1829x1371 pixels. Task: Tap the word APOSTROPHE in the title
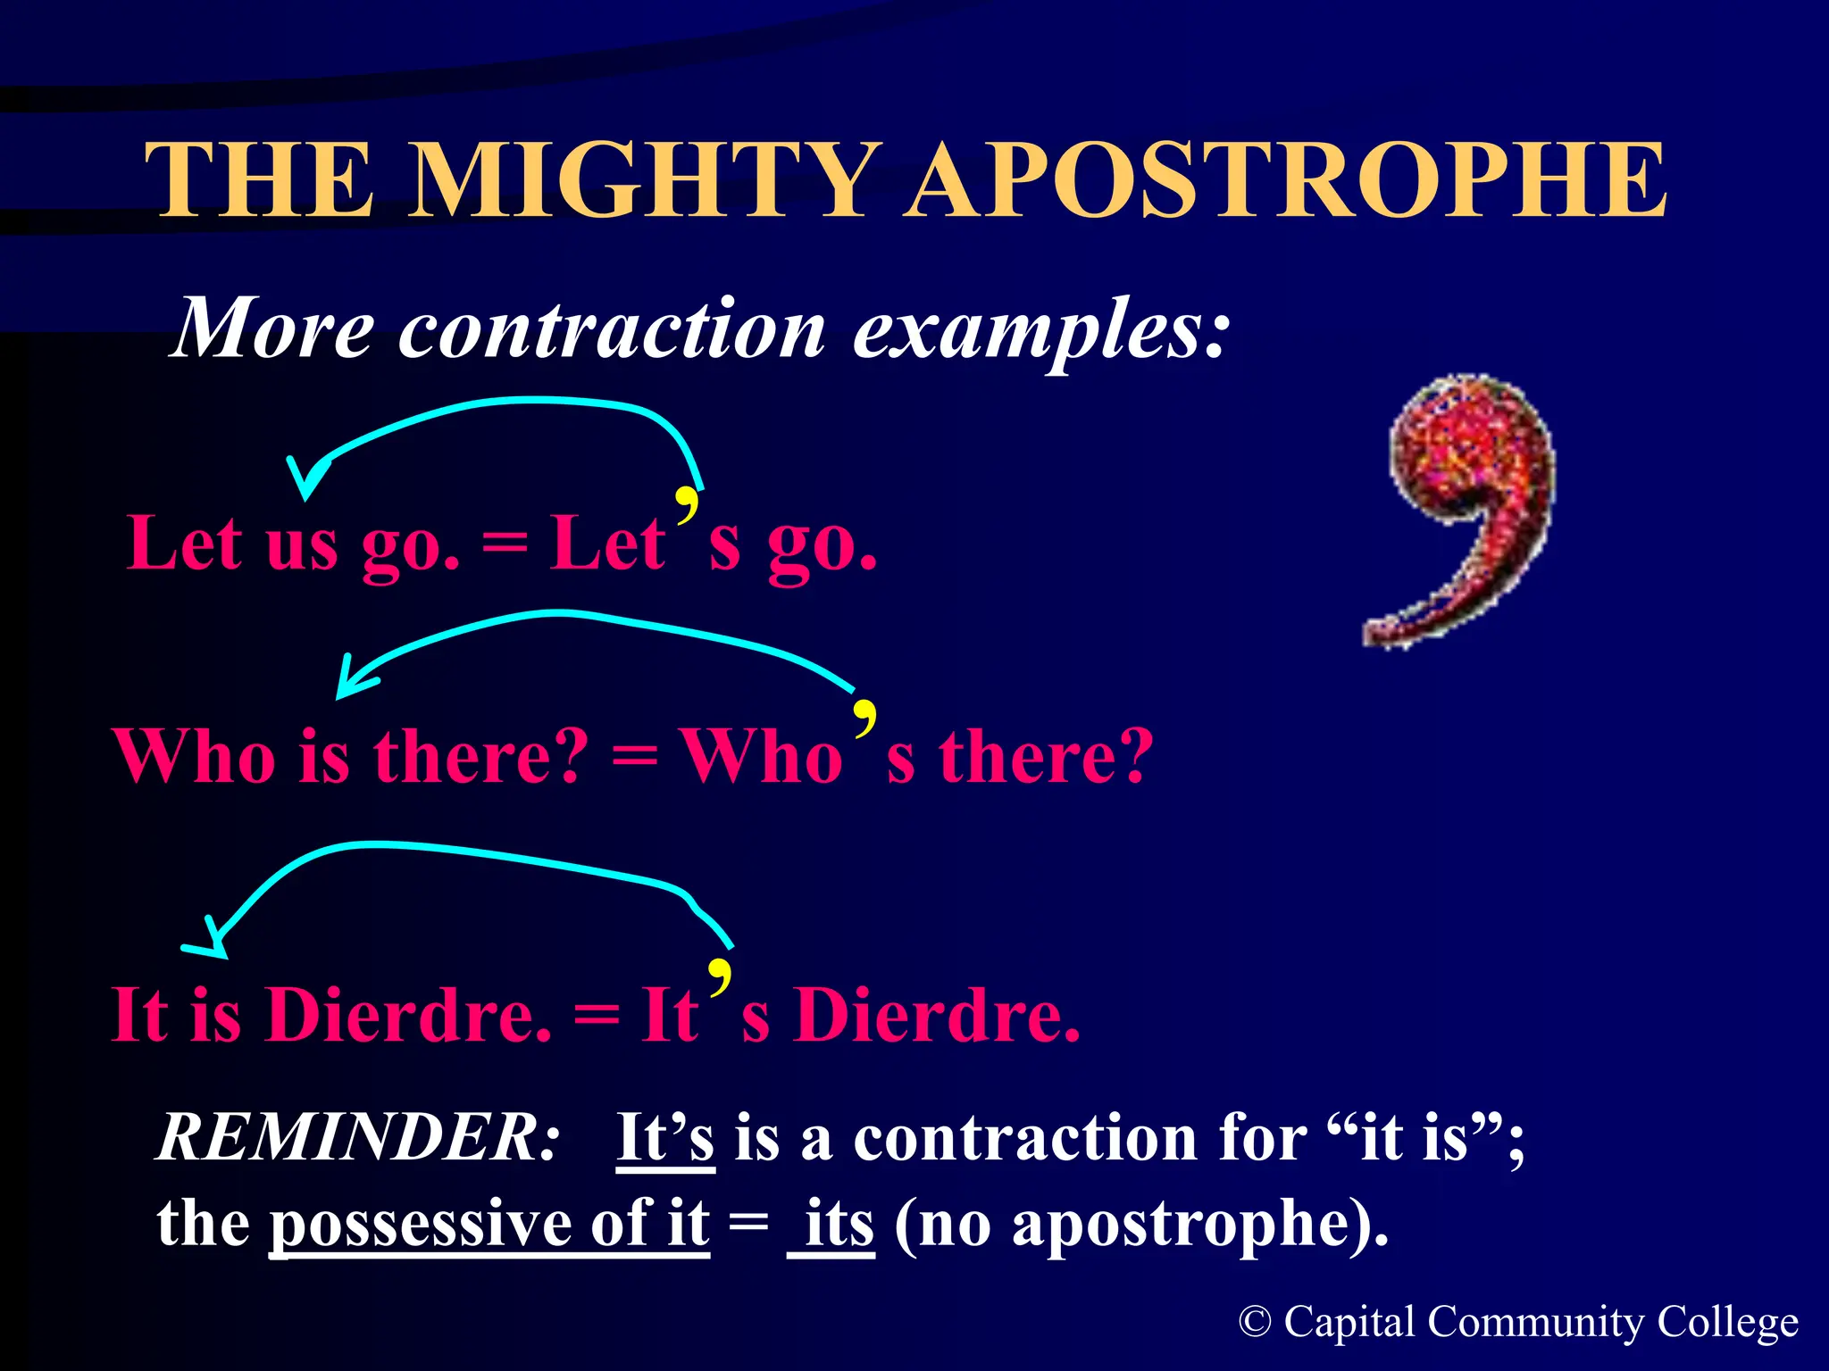point(1286,181)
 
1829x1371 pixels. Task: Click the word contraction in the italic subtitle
point(612,330)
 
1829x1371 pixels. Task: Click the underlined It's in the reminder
point(665,1138)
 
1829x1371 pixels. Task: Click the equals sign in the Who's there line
point(635,757)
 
